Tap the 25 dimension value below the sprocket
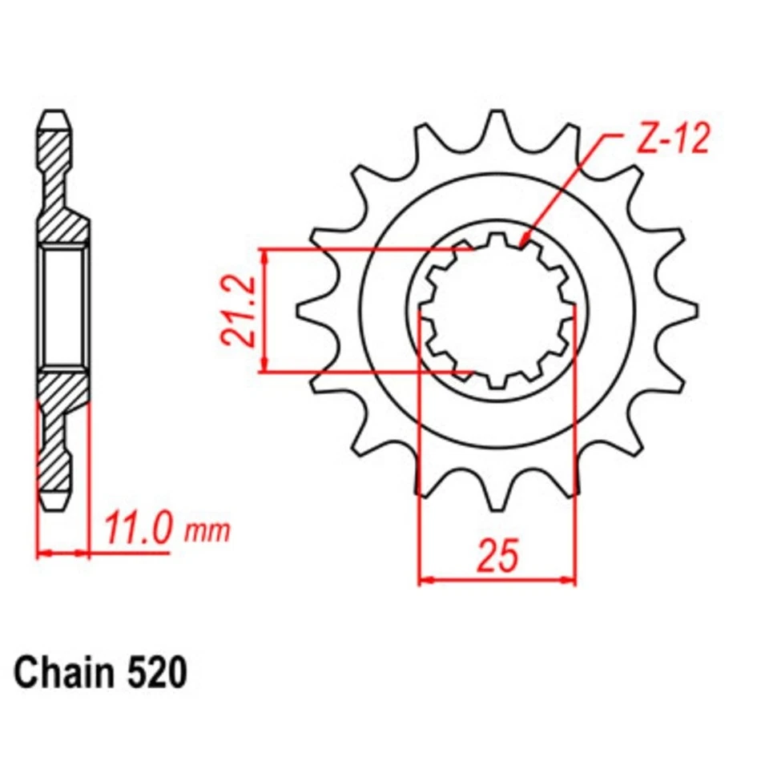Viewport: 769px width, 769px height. [497, 557]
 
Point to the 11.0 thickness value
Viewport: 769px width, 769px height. [137, 529]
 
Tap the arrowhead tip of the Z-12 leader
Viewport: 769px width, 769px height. [521, 244]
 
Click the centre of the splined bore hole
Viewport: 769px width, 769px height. [497, 310]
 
